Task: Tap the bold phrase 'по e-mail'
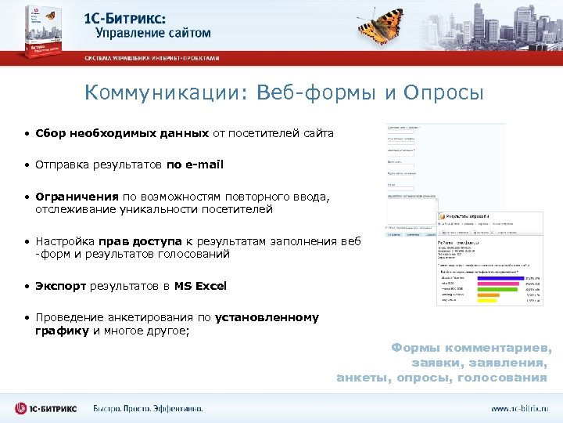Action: [x=195, y=164]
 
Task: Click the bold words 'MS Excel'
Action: [x=200, y=286]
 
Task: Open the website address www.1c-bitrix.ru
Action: [x=520, y=408]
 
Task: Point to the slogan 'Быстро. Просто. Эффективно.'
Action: [x=148, y=408]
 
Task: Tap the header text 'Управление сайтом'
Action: [x=153, y=33]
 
